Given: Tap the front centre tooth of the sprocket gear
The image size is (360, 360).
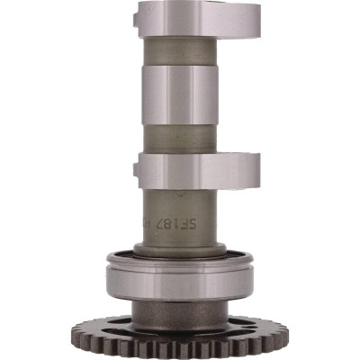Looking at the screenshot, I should (x=179, y=352).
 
